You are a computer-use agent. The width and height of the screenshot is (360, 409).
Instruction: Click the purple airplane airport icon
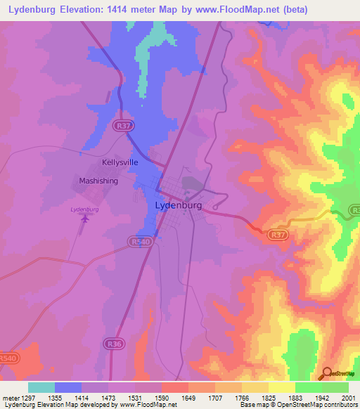click(x=86, y=219)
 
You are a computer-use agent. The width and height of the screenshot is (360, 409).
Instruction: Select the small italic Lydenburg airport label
click(x=84, y=209)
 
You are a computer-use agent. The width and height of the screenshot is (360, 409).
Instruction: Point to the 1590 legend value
click(x=162, y=398)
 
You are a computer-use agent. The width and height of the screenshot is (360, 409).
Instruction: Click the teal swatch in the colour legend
click(x=41, y=387)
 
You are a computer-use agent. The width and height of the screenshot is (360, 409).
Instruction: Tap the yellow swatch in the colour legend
click(x=282, y=387)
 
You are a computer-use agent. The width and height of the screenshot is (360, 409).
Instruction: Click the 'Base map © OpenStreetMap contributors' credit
click(x=298, y=405)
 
